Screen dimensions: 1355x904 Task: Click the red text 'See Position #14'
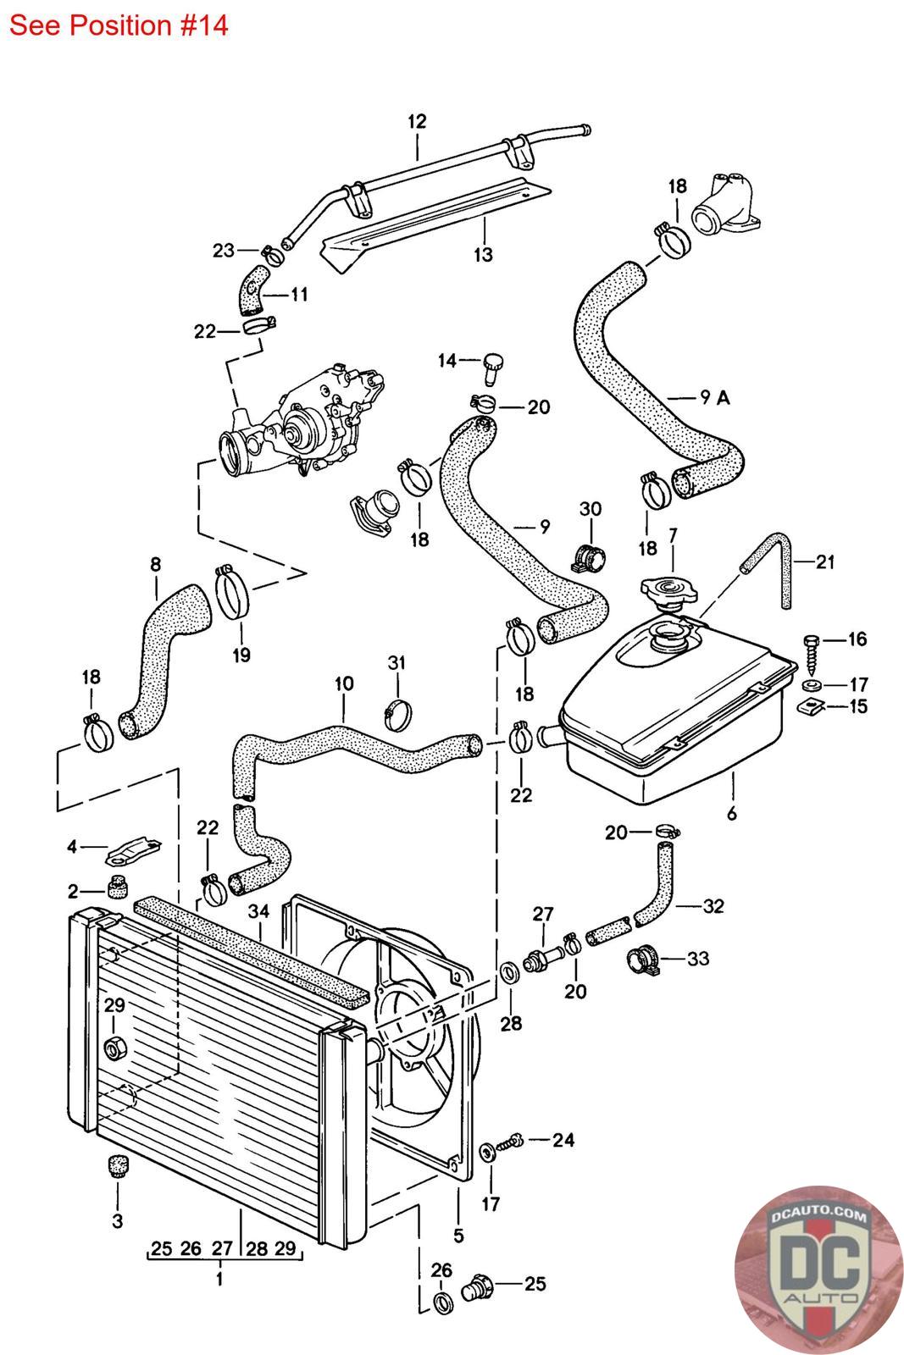pyautogui.click(x=119, y=25)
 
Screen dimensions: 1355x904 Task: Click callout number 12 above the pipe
pyautogui.click(x=417, y=121)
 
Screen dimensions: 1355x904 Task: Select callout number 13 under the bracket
pyautogui.click(x=483, y=254)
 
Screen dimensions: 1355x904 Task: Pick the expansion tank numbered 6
pyautogui.click(x=678, y=720)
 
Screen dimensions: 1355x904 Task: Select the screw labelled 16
pyautogui.click(x=812, y=648)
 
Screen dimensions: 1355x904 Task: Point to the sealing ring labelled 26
pyautogui.click(x=442, y=1302)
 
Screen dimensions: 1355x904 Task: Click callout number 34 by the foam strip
pyautogui.click(x=259, y=912)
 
